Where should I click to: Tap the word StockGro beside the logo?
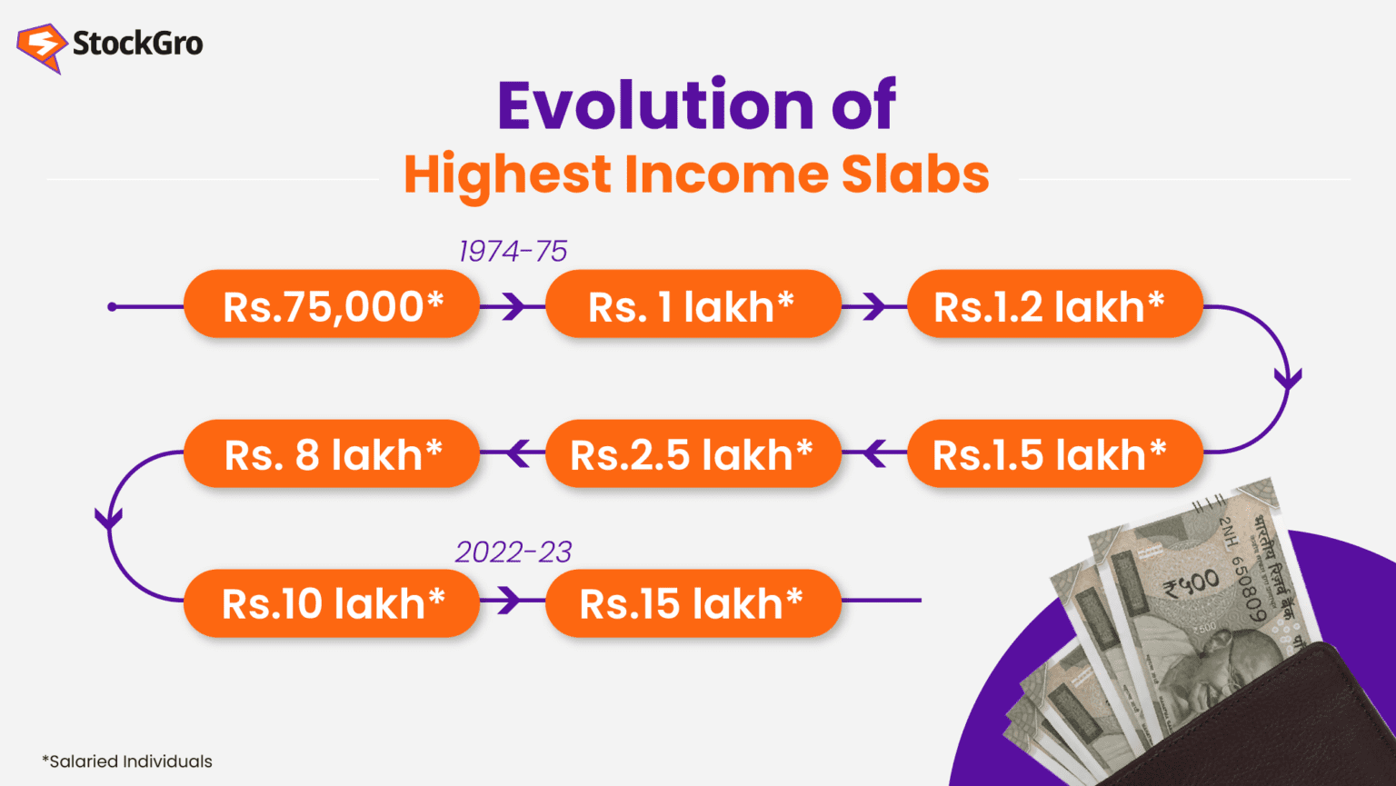[138, 44]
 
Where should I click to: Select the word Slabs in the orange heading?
[915, 174]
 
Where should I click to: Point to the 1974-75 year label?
[513, 251]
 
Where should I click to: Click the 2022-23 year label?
[513, 552]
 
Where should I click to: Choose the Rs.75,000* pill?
[332, 304]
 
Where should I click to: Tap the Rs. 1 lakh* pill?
[693, 304]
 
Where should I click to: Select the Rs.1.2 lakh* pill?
[1054, 304]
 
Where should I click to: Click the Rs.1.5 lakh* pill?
[1054, 453]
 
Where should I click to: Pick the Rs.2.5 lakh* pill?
[693, 453]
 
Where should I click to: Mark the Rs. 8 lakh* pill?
[332, 453]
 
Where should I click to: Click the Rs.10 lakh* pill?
[332, 602]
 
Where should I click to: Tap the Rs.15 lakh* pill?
[693, 602]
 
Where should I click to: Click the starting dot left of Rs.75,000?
[112, 306]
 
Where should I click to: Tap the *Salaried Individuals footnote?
[127, 761]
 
